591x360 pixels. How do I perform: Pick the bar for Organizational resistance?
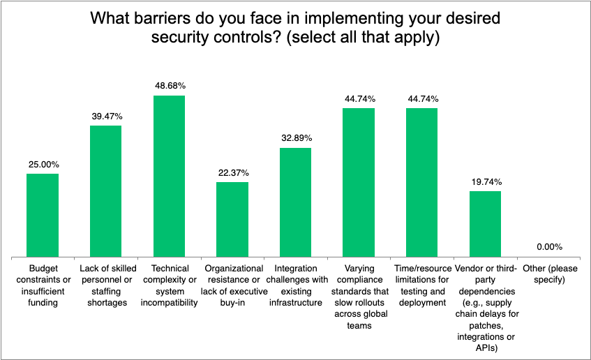pos(232,219)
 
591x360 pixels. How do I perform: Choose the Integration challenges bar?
pos(295,202)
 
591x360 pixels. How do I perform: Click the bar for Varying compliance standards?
pos(359,182)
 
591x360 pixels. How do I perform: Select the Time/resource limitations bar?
pos(421,182)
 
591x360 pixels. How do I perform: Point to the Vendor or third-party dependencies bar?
pos(485,223)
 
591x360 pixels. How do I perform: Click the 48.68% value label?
pos(169,86)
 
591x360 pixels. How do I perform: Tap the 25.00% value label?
pos(43,165)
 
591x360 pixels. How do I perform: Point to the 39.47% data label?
pos(105,116)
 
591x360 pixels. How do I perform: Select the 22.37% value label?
pos(232,173)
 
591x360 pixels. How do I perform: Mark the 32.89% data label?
pos(295,138)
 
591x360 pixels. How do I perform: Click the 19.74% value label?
pos(485,181)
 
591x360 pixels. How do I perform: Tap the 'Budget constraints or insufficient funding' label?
pos(43,285)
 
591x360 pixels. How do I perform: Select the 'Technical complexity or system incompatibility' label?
pos(169,285)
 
